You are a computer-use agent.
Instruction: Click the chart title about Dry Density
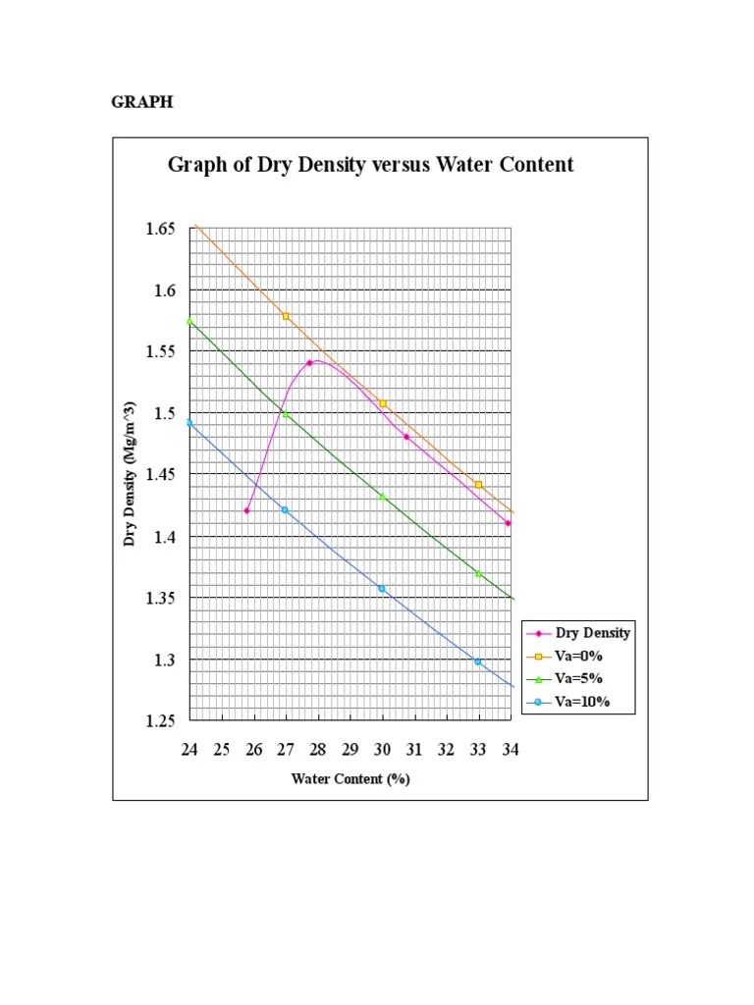tap(370, 165)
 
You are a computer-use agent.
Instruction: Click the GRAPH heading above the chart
tap(141, 101)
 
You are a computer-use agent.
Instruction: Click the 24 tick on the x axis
tap(189, 750)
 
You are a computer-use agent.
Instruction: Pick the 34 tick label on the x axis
tap(511, 750)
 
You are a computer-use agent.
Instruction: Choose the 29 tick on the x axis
tap(350, 750)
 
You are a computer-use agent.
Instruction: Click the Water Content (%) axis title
tap(350, 779)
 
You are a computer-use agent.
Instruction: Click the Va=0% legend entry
tap(578, 656)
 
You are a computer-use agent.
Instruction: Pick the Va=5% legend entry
tap(578, 678)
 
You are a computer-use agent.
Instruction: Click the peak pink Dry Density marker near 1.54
tap(309, 363)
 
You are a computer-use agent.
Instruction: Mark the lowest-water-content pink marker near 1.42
tap(246, 510)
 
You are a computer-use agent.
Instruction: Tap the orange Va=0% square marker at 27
tap(286, 316)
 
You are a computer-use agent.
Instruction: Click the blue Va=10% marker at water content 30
tap(382, 588)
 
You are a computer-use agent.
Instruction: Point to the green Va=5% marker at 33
tap(478, 573)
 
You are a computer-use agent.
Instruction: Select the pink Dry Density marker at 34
tap(508, 523)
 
